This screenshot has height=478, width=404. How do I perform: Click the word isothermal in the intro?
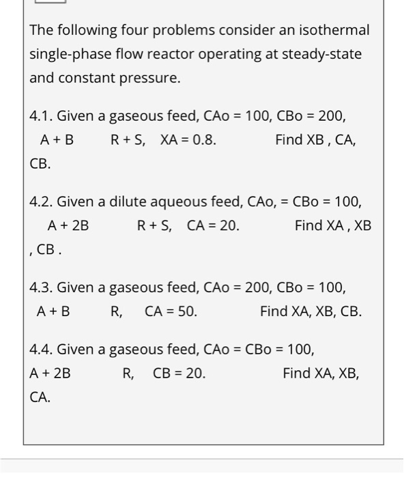(x=335, y=30)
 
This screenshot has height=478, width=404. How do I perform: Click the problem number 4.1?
(x=40, y=115)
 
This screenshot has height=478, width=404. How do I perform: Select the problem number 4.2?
(x=40, y=201)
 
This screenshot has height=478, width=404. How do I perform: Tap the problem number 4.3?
(x=40, y=287)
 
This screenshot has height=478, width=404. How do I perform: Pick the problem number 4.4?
(x=40, y=350)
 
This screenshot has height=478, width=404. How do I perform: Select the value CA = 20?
(x=213, y=225)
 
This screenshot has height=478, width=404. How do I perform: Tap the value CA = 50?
(x=171, y=311)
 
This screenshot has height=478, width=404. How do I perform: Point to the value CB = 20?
(x=179, y=374)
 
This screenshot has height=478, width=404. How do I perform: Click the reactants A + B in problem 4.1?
(x=57, y=140)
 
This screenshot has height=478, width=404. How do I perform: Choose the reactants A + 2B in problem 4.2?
(x=68, y=225)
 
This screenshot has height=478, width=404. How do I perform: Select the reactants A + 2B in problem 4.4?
(x=50, y=374)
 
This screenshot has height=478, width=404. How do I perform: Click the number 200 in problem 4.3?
(x=259, y=287)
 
